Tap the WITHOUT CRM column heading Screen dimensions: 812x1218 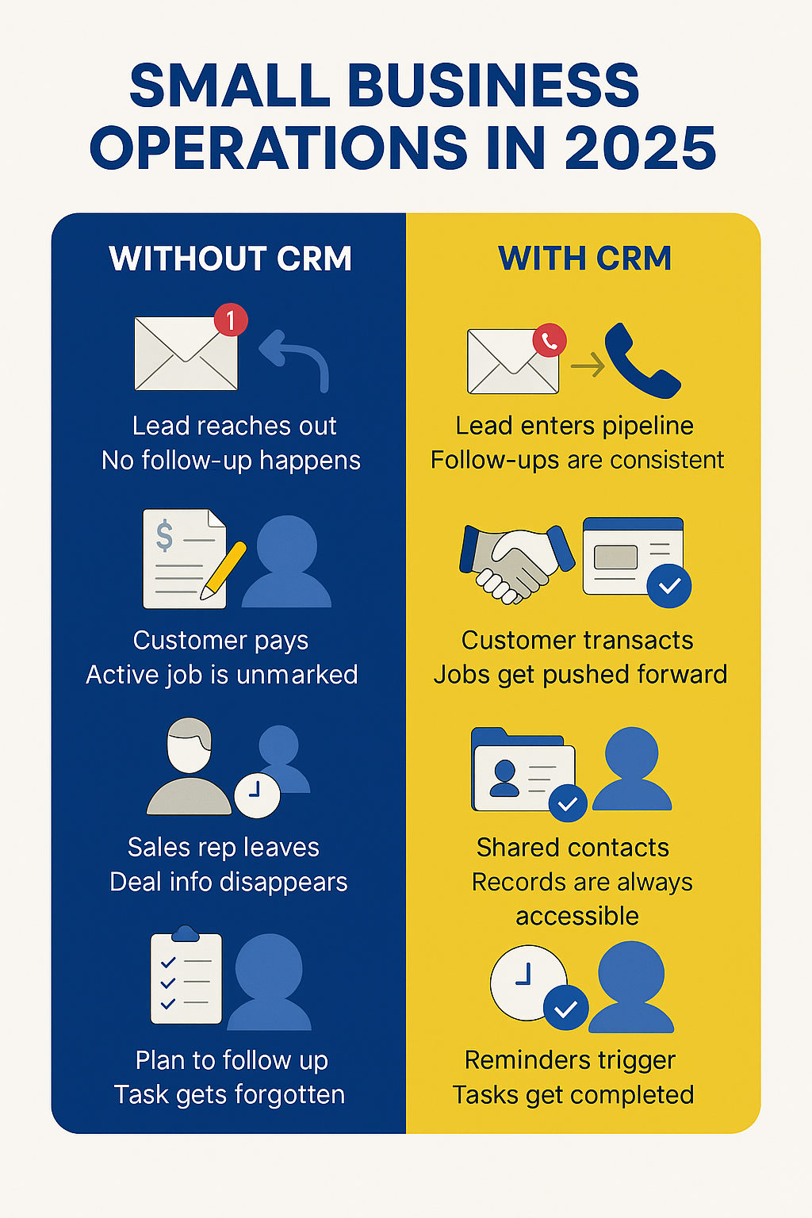pyautogui.click(x=231, y=259)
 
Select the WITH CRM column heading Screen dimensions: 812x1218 pyautogui.click(x=584, y=258)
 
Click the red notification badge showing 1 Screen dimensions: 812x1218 pyautogui.click(x=231, y=320)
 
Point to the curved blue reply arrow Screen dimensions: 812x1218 pyautogui.click(x=304, y=354)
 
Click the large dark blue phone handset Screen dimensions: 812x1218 pyautogui.click(x=641, y=361)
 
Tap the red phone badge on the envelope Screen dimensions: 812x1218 pyautogui.click(x=550, y=340)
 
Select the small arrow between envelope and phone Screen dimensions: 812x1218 pyautogui.click(x=588, y=365)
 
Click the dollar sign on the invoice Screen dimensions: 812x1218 pyautogui.click(x=164, y=535)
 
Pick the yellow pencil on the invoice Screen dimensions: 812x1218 pyautogui.click(x=223, y=570)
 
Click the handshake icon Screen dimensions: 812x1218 pyautogui.click(x=516, y=564)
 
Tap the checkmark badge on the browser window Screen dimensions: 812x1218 pyautogui.click(x=669, y=586)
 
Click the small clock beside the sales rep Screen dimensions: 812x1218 pyautogui.click(x=257, y=795)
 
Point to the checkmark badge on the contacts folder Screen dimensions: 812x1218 pyautogui.click(x=568, y=803)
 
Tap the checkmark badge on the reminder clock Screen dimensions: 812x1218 pyautogui.click(x=565, y=1008)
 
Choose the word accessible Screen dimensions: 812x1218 pyautogui.click(x=577, y=916)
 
